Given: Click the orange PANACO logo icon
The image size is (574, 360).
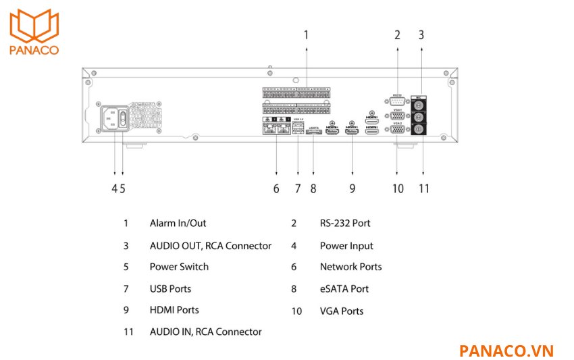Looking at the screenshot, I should point(34,25).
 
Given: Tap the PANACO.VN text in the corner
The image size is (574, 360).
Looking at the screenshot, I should point(506,351).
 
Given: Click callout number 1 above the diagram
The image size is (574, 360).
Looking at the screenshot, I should point(306,34).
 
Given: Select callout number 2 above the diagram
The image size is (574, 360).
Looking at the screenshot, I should point(397,34).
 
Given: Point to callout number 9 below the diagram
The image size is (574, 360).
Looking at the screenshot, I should point(352,188).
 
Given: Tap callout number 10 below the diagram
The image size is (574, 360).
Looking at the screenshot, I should point(398,188).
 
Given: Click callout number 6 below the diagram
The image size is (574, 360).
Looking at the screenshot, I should point(276,188).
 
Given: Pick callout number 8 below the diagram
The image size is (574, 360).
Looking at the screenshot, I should point(313,188).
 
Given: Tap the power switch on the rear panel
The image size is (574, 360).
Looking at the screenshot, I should point(123,118).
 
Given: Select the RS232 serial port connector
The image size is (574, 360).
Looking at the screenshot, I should point(397,101).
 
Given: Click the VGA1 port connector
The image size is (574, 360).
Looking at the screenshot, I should point(397,115).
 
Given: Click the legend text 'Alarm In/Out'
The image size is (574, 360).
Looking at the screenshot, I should point(178,223).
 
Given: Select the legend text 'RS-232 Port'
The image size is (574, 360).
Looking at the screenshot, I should point(344,223).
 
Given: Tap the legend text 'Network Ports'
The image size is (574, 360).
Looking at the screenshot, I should point(350,267).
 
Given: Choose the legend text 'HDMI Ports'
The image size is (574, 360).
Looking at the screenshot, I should point(174,310).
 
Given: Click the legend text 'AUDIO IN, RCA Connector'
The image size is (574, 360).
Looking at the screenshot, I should point(205,332).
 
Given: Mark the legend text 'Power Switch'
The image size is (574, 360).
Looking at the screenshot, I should point(179,267).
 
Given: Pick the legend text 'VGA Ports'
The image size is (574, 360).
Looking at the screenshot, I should point(341,311).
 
